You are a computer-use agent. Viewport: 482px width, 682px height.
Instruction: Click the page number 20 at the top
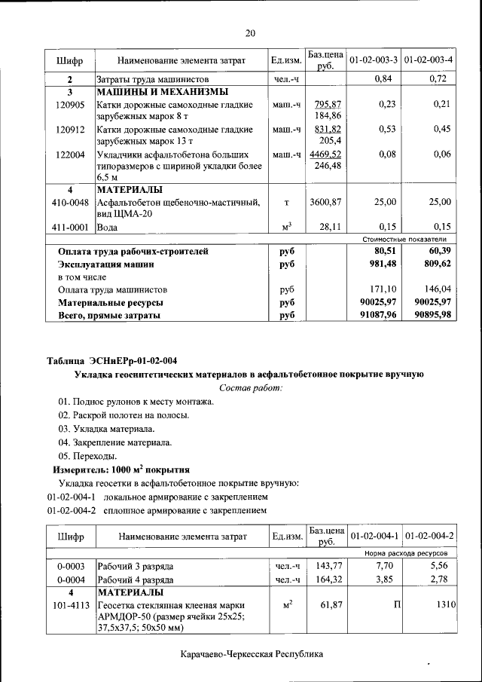(250, 32)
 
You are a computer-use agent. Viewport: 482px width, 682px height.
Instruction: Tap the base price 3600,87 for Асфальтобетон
(325, 202)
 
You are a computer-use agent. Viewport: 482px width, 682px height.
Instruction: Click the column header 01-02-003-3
(374, 59)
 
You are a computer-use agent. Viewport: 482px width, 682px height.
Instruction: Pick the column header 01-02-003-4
(428, 59)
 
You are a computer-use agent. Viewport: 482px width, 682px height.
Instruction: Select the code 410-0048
(70, 202)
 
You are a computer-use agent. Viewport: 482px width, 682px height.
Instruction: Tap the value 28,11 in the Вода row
(331, 226)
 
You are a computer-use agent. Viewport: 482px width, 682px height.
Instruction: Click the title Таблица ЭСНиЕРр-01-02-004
(112, 359)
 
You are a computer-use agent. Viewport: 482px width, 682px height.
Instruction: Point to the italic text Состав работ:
(251, 387)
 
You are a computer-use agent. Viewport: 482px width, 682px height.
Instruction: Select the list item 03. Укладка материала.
(106, 429)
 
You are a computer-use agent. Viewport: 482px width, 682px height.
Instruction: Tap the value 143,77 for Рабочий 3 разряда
(329, 565)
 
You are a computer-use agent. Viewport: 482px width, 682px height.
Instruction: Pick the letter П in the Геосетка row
(391, 605)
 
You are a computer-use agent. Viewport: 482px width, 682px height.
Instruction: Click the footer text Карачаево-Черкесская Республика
(252, 654)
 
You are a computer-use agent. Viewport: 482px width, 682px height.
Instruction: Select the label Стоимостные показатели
(406, 238)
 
